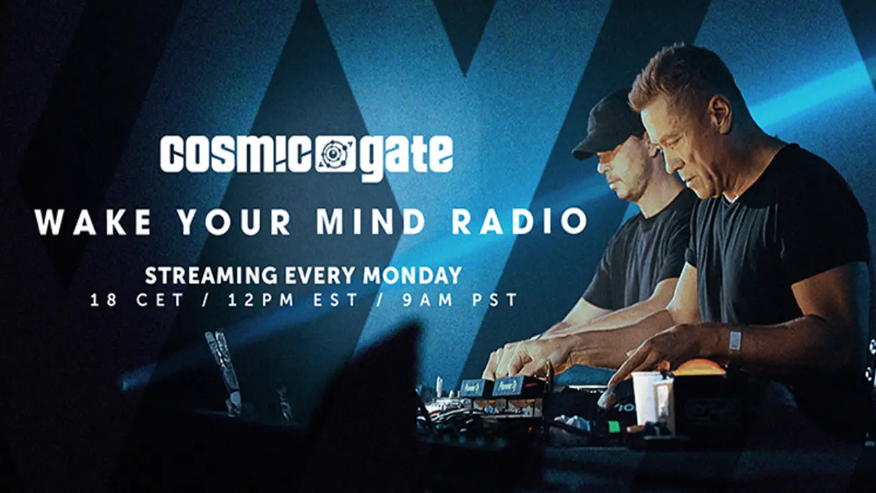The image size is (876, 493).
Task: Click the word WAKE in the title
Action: [x=93, y=223]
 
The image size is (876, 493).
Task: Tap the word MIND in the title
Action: [x=371, y=223]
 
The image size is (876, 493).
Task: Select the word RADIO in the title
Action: [x=520, y=223]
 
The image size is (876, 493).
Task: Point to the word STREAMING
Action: [x=211, y=276]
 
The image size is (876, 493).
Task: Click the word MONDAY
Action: [x=412, y=276]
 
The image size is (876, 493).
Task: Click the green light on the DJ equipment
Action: [x=613, y=426]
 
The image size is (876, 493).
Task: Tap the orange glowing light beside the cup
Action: [x=700, y=368]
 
